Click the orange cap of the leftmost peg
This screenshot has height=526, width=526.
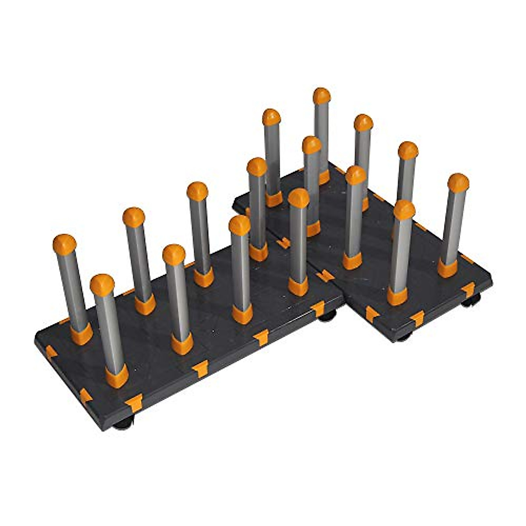point(64,245)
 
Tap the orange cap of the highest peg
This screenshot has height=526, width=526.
point(321,96)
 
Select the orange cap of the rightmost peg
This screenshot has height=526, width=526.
point(458,182)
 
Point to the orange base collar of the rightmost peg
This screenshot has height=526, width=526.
point(447,268)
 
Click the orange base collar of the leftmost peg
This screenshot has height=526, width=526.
point(82,334)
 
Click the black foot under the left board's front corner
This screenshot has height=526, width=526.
point(124,423)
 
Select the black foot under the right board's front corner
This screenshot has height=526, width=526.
point(404,337)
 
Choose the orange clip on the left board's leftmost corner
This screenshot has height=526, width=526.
point(50,352)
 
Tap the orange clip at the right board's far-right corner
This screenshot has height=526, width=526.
point(468,289)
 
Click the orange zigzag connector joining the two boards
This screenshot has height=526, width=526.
point(324,276)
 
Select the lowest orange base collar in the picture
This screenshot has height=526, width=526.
point(117,377)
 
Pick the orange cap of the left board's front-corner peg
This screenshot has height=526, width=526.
point(102,285)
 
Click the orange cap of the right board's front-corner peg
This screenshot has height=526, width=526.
point(404,210)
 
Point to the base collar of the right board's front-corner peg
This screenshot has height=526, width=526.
point(397,296)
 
